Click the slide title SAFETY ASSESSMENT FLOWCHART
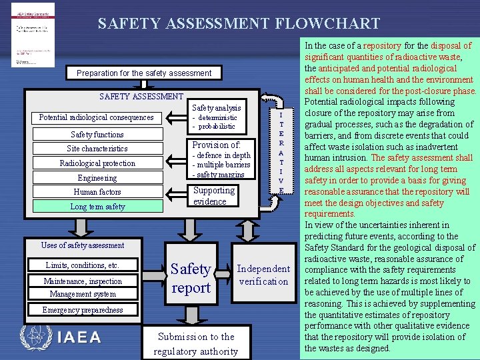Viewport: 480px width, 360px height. point(239,24)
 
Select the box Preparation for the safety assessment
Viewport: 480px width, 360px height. point(144,73)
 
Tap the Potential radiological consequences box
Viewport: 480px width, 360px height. point(96,118)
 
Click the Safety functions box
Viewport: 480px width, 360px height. point(97,134)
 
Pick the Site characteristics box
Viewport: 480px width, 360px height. point(97,149)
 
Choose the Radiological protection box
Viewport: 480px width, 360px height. point(97,163)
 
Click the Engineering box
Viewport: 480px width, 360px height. point(97,178)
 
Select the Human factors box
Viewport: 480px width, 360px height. point(97,192)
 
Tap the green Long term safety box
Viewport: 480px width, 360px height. point(97,207)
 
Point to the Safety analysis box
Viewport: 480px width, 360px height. point(217,116)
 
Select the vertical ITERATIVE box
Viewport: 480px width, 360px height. point(281,153)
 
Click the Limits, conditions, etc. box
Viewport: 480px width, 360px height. point(83,265)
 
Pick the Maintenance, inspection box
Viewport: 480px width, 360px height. point(83,281)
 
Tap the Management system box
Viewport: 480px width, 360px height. point(83,294)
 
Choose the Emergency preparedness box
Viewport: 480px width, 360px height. point(83,310)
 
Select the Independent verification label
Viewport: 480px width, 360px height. point(263,275)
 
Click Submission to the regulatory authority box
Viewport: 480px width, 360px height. point(196,343)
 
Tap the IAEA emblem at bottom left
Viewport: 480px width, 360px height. point(35,337)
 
